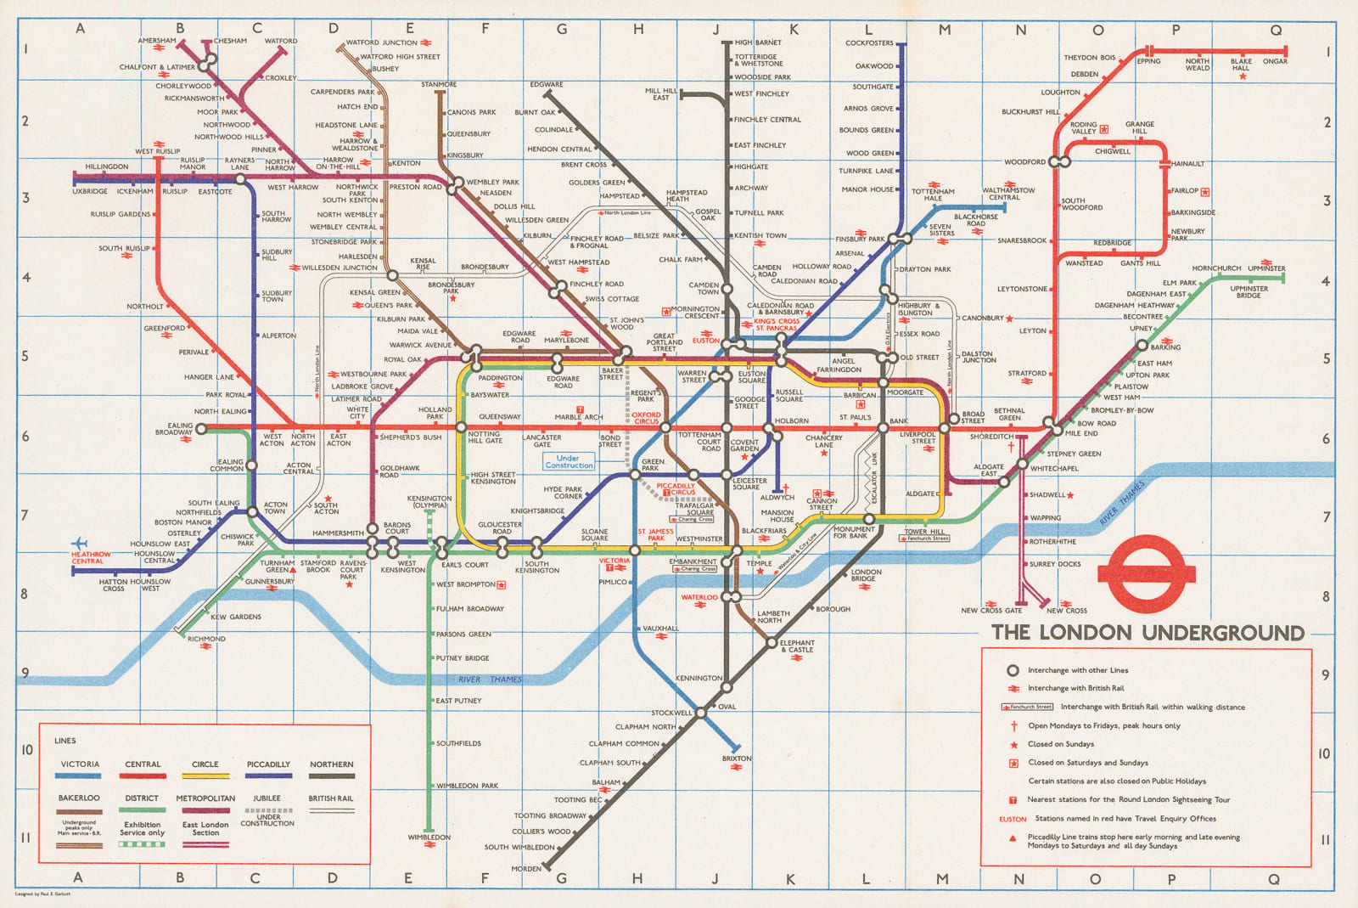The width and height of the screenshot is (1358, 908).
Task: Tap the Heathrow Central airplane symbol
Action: click(79, 544)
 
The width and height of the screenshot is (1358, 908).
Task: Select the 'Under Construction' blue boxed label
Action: click(569, 461)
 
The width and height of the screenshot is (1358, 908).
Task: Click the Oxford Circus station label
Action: click(646, 418)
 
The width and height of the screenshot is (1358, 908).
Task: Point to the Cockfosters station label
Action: click(869, 42)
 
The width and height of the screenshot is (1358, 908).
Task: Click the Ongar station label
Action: click(1275, 61)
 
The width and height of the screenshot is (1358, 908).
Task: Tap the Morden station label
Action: click(525, 868)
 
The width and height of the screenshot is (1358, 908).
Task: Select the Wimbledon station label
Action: click(429, 838)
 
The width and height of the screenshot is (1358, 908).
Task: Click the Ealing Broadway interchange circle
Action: click(201, 429)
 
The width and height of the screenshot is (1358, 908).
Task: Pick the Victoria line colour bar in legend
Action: click(79, 775)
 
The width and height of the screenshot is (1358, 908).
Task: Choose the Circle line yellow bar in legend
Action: click(205, 775)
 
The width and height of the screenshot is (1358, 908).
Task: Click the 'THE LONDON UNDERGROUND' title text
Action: click(1148, 633)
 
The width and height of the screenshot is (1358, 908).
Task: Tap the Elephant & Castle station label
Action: click(797, 646)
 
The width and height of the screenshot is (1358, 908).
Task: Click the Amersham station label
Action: click(157, 41)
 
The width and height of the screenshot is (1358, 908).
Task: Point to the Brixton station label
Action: click(736, 759)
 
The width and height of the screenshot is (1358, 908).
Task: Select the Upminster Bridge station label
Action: click(1249, 292)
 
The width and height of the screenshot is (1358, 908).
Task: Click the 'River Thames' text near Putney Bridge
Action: click(490, 680)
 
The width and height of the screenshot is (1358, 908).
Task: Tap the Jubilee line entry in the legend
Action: click(267, 798)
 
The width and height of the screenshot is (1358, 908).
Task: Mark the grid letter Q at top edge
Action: click(1276, 29)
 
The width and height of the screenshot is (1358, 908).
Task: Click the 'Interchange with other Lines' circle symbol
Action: click(1012, 670)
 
